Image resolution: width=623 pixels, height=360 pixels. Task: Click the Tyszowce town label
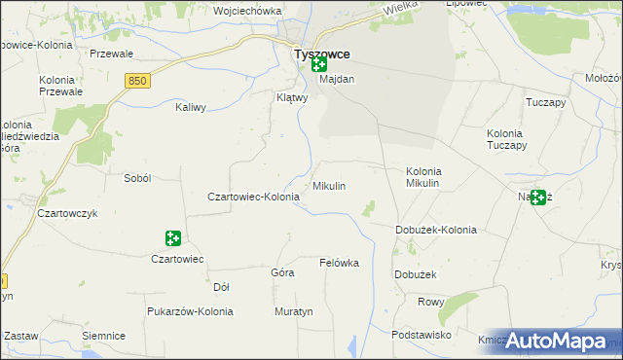click(x=322, y=54)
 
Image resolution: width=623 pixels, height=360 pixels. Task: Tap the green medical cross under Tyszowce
click(x=318, y=66)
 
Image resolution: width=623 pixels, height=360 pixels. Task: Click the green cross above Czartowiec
click(x=172, y=238)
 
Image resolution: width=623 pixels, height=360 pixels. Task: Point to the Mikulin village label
click(x=329, y=185)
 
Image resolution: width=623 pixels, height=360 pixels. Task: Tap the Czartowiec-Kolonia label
click(x=253, y=197)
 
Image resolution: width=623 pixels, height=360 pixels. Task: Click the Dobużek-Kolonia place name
click(x=435, y=230)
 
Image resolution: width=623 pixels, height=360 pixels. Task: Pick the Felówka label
click(x=340, y=264)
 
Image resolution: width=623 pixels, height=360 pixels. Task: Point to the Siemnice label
click(x=104, y=336)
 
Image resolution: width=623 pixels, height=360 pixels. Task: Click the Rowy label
click(x=431, y=302)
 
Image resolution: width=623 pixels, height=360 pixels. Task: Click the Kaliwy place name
click(x=191, y=108)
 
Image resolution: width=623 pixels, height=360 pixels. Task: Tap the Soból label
click(x=136, y=178)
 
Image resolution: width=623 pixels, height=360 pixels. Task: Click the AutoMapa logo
click(x=558, y=341)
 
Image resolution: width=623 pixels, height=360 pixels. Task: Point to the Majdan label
click(x=337, y=79)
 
